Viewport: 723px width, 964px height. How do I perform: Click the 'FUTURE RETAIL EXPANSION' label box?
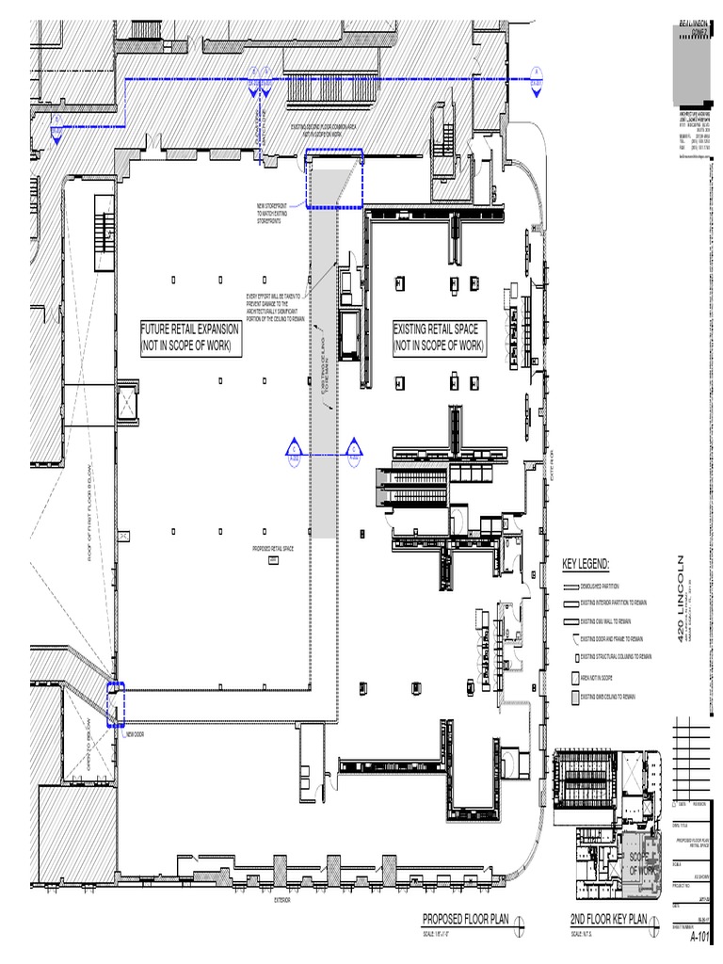189,338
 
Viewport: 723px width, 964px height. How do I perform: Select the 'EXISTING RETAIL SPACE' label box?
438,338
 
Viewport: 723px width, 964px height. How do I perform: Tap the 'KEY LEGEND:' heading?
586,564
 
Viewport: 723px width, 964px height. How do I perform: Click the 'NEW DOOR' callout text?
135,734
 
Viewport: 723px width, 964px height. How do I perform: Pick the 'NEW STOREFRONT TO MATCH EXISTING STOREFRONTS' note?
273,213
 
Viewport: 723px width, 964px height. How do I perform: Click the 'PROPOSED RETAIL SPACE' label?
273,548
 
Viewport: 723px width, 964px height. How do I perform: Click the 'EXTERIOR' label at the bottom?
282,900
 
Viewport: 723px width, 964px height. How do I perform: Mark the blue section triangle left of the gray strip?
293,450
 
